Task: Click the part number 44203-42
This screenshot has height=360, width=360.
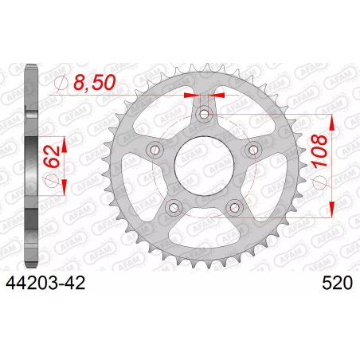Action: pos(45,283)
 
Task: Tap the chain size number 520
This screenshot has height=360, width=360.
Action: pos(338,283)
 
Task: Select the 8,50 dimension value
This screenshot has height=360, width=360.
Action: pos(95,82)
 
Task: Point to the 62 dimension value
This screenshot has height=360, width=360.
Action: pos(52,158)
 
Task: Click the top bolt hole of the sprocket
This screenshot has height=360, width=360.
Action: pos(204,115)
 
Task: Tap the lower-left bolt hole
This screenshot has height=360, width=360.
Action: pos(174,208)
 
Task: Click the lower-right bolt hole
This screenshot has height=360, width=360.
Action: pos(234,208)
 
